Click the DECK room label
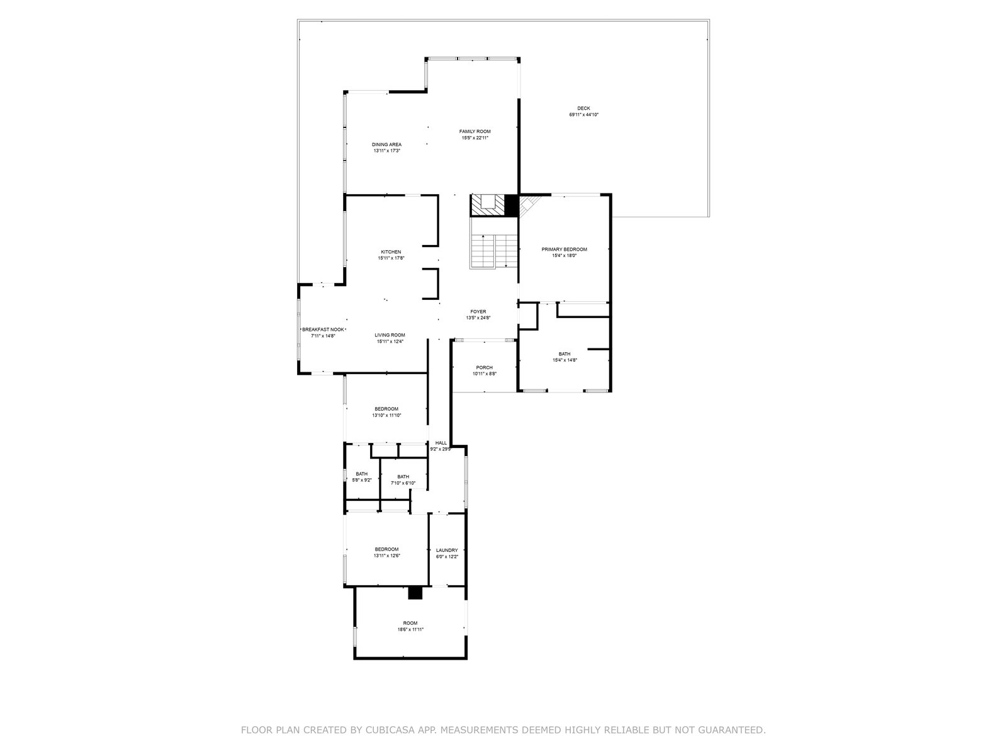click(x=583, y=108)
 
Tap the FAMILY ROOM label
click(x=475, y=131)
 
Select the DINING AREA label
click(x=386, y=145)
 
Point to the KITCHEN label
click(x=391, y=251)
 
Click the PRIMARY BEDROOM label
click(x=564, y=249)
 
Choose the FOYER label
click(x=478, y=312)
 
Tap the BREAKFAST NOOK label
click(x=323, y=329)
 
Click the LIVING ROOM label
click(x=390, y=335)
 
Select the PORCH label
click(x=484, y=367)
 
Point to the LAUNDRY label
click(x=447, y=551)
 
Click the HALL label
click(x=441, y=443)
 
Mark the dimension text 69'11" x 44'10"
click(x=583, y=115)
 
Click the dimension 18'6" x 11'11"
click(x=410, y=629)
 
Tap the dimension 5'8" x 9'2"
click(x=361, y=480)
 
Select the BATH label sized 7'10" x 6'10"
click(x=403, y=476)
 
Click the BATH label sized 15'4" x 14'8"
click(x=565, y=354)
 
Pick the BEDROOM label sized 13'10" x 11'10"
click(x=386, y=409)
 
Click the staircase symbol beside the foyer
click(x=493, y=251)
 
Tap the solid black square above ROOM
click(x=415, y=593)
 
